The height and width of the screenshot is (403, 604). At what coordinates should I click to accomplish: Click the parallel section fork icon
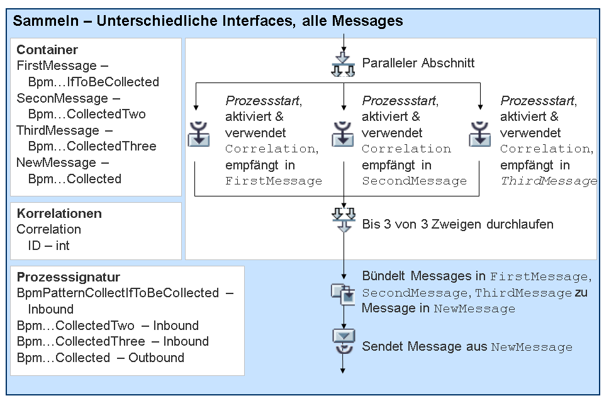click(x=344, y=64)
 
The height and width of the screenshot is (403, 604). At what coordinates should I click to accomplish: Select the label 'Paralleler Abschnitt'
click(x=418, y=63)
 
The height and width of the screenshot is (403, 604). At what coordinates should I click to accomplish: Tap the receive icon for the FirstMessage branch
click(x=199, y=134)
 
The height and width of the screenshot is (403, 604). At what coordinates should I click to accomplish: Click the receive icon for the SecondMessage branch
click(x=343, y=134)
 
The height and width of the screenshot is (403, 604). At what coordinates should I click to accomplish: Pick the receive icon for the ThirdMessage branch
click(x=480, y=134)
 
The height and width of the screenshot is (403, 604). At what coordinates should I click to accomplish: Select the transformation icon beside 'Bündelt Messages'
click(x=343, y=295)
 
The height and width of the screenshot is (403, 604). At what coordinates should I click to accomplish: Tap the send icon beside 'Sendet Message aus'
click(x=344, y=341)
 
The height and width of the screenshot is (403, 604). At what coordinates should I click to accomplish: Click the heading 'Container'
click(x=47, y=50)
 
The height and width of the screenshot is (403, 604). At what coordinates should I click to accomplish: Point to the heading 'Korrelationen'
click(x=59, y=213)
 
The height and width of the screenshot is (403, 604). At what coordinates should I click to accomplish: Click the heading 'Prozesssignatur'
click(x=69, y=277)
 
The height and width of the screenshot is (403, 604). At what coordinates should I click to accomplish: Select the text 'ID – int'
click(x=48, y=246)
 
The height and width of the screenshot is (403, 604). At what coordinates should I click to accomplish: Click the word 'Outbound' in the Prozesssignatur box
click(x=156, y=358)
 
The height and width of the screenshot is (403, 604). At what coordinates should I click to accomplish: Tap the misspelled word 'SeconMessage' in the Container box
click(x=62, y=98)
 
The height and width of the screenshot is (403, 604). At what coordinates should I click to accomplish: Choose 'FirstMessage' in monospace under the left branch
click(x=274, y=181)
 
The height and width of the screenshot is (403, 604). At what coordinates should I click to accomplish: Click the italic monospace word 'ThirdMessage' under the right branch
click(x=549, y=181)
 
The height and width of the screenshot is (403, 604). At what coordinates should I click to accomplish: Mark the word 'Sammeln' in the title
click(x=46, y=21)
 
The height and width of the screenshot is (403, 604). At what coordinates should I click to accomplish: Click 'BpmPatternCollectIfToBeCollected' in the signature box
click(x=118, y=293)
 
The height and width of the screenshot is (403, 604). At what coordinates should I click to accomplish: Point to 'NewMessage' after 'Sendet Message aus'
click(x=532, y=347)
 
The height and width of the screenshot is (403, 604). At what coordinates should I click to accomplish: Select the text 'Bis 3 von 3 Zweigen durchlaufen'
click(x=457, y=224)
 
